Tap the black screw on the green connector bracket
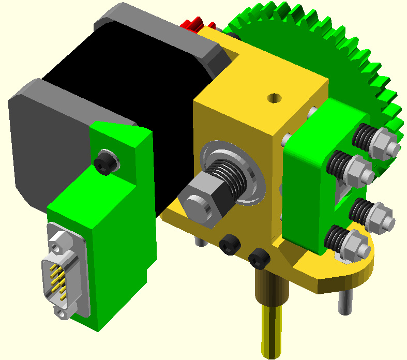click(x=105, y=162)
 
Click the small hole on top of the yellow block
click(x=273, y=97)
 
